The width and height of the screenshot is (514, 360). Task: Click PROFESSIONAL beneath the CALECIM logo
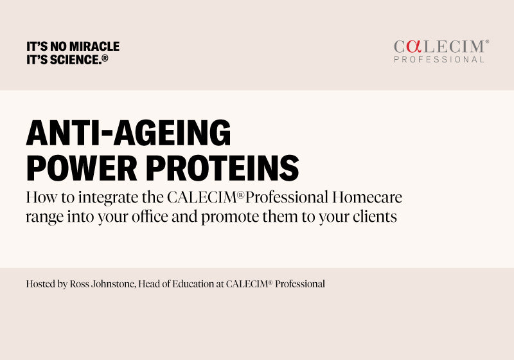coord(439,60)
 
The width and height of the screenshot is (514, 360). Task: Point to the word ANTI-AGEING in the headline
coord(128,134)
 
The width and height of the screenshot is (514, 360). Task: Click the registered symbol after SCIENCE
coord(104,58)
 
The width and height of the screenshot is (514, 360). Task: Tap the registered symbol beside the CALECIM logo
coord(486,42)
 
